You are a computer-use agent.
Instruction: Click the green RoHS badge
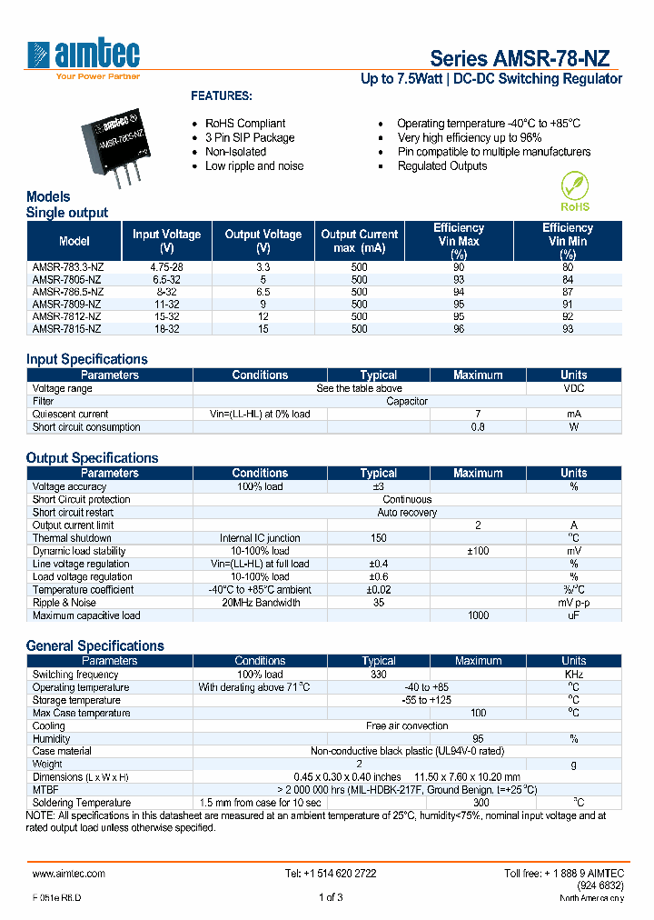[x=574, y=192]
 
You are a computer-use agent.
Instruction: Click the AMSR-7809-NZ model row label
[x=67, y=304]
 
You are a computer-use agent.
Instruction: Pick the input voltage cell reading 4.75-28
[x=166, y=267]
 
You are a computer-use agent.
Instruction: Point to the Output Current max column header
[x=360, y=241]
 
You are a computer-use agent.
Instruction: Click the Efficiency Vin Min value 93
[x=568, y=329]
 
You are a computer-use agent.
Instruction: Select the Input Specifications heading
[x=86, y=359]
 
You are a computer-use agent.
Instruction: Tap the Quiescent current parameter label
[x=70, y=414]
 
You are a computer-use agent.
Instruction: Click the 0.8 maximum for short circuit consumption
[x=478, y=426]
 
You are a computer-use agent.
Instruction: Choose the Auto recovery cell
[x=407, y=512]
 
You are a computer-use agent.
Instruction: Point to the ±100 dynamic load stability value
[x=478, y=551]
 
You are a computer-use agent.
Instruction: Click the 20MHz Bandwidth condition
[x=260, y=603]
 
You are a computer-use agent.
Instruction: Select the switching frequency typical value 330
[x=378, y=675]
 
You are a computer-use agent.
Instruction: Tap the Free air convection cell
[x=407, y=725]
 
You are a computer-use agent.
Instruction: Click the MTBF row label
[x=45, y=790]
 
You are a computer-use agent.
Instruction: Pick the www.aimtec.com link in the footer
[x=69, y=873]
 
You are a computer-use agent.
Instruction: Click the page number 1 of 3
[x=331, y=898]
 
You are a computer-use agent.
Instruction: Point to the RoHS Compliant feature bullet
[x=245, y=124]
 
